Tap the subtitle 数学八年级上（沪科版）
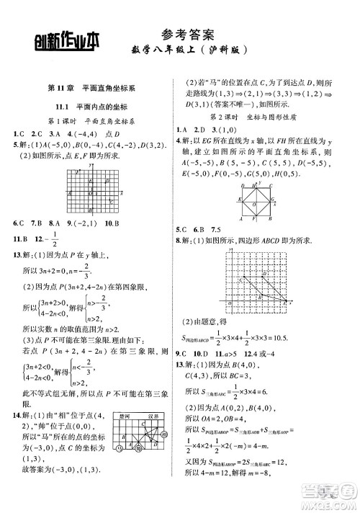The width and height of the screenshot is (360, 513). tap(189, 51)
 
